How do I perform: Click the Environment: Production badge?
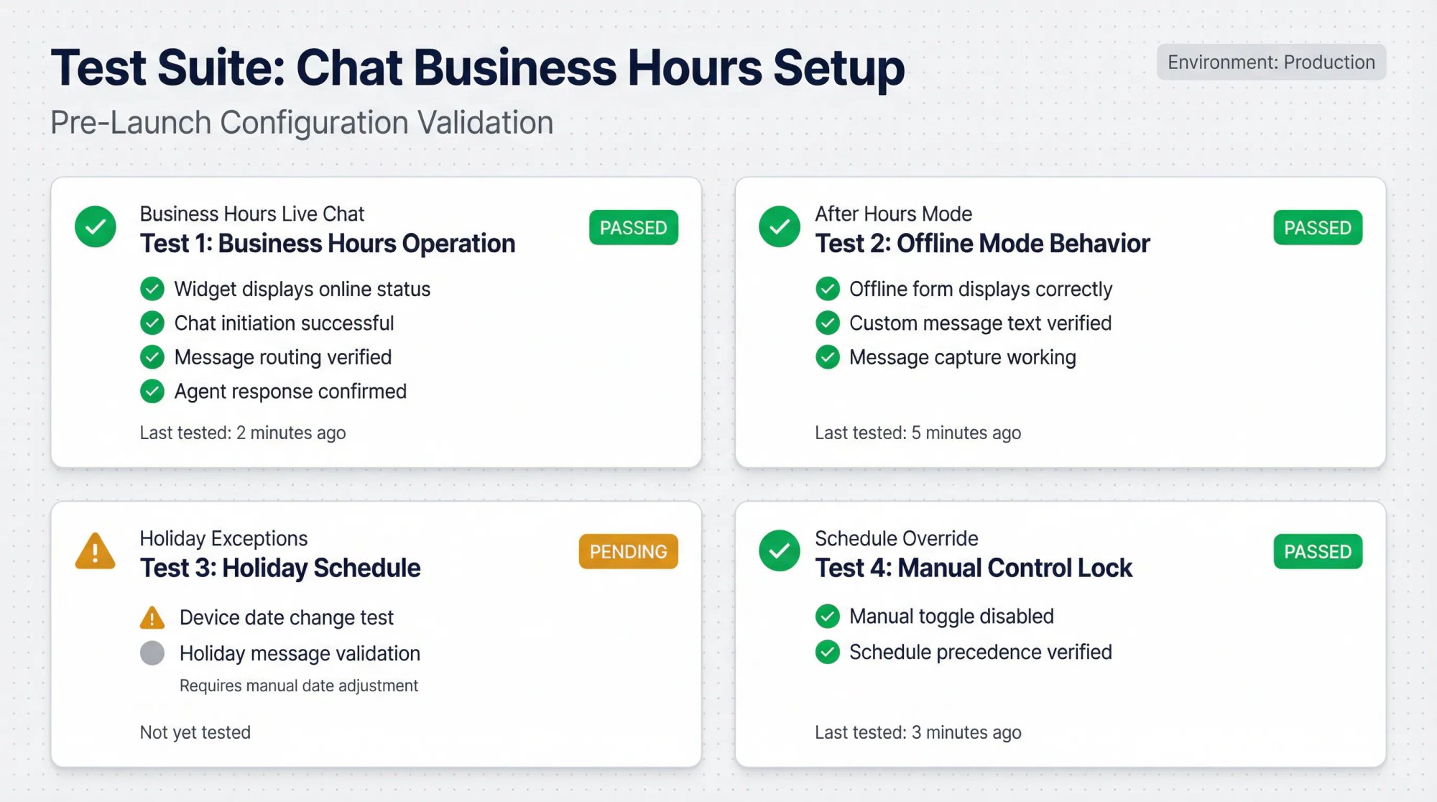pyautogui.click(x=1270, y=63)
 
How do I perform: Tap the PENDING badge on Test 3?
pyautogui.click(x=628, y=551)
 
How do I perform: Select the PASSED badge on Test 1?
pyautogui.click(x=633, y=228)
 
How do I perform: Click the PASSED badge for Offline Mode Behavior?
pyautogui.click(x=1317, y=228)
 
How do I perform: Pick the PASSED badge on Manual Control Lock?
pyautogui.click(x=1317, y=551)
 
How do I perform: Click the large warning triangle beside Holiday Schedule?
pyautogui.click(x=95, y=551)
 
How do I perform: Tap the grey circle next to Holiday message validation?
pyautogui.click(x=152, y=653)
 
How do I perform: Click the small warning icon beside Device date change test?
pyautogui.click(x=152, y=617)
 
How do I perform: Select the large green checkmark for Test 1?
pyautogui.click(x=95, y=227)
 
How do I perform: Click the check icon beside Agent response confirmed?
pyautogui.click(x=152, y=391)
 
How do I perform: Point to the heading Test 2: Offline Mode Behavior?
pyautogui.click(x=981, y=244)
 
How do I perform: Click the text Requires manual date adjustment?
pyautogui.click(x=298, y=686)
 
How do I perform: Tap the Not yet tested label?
pyautogui.click(x=195, y=732)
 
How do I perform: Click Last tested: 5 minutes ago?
pyautogui.click(x=918, y=433)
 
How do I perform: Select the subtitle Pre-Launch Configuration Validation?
pyautogui.click(x=302, y=122)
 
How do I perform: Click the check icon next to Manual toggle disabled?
pyautogui.click(x=827, y=616)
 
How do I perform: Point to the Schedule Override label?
pyautogui.click(x=896, y=538)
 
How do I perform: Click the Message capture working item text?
pyautogui.click(x=962, y=357)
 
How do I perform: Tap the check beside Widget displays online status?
pyautogui.click(x=152, y=289)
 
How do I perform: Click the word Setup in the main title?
pyautogui.click(x=838, y=68)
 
